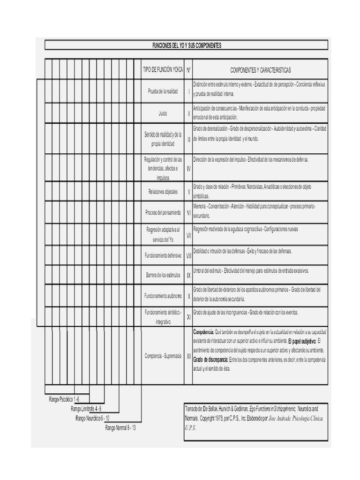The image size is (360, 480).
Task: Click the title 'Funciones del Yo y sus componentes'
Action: (x=187, y=45)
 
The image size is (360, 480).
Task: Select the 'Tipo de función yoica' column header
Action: (x=163, y=70)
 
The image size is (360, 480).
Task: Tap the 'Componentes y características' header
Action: (x=260, y=70)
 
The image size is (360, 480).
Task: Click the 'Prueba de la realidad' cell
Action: (x=163, y=91)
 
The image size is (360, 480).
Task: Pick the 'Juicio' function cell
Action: (x=163, y=113)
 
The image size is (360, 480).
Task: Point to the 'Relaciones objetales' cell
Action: (x=163, y=191)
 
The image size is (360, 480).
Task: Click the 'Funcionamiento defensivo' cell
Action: (x=163, y=256)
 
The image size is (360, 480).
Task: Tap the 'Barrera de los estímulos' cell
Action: (x=163, y=275)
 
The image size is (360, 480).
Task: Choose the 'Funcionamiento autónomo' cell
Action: (x=163, y=296)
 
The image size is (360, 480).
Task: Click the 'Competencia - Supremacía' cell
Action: (x=163, y=356)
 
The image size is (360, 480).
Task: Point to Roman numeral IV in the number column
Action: (x=188, y=169)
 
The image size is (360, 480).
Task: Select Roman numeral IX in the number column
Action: (x=188, y=275)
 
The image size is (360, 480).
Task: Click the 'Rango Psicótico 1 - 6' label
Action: (x=64, y=399)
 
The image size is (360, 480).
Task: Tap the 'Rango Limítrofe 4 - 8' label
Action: (x=86, y=409)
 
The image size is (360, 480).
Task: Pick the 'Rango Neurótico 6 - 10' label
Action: (x=92, y=418)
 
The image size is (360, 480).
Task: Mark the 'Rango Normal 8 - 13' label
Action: (x=120, y=427)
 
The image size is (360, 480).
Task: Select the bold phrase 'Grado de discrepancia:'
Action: (x=210, y=360)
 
